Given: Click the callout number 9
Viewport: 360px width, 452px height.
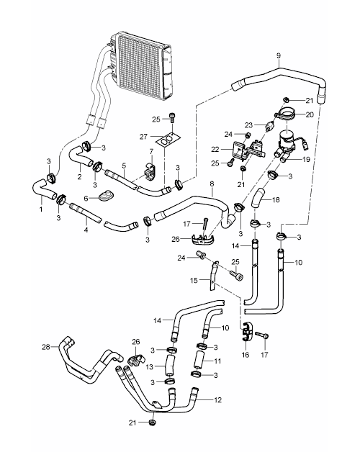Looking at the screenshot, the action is pyautogui.click(x=279, y=55).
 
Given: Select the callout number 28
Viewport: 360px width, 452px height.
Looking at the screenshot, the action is pyautogui.click(x=46, y=347).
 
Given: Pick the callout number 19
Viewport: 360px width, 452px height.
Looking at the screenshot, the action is pyautogui.click(x=306, y=159).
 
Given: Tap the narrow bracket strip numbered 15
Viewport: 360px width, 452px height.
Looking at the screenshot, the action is pyautogui.click(x=212, y=275).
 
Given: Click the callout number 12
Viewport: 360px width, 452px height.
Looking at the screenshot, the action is pyautogui.click(x=217, y=400).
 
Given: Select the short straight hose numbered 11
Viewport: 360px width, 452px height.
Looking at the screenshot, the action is pyautogui.click(x=199, y=359).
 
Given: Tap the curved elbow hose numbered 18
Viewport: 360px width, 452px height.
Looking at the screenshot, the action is pyautogui.click(x=258, y=197).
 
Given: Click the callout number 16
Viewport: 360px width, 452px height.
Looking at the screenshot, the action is pyautogui.click(x=246, y=354).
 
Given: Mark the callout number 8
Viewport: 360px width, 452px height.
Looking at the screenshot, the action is pyautogui.click(x=212, y=184).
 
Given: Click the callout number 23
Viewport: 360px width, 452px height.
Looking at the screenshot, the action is pyautogui.click(x=248, y=125).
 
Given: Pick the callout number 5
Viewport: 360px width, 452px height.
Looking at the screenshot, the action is pyautogui.click(x=124, y=166).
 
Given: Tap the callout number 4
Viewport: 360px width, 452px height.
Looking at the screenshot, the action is pyautogui.click(x=86, y=230).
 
